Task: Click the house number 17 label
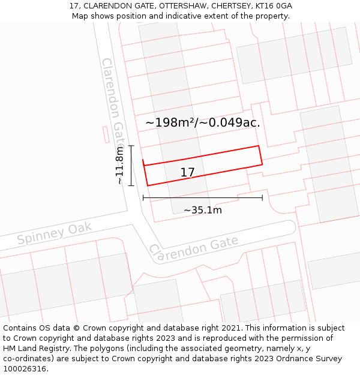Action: click(x=187, y=173)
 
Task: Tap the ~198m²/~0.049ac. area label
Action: click(x=202, y=122)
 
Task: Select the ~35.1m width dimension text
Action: click(x=202, y=210)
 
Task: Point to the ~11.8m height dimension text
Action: click(x=119, y=165)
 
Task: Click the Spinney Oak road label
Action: click(x=55, y=233)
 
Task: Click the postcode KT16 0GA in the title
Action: click(x=272, y=6)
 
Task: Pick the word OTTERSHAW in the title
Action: click(x=178, y=6)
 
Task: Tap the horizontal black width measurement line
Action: click(x=202, y=197)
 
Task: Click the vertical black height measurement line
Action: click(x=131, y=165)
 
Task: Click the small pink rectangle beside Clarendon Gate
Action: click(x=106, y=134)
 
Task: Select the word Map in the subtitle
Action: click(x=80, y=16)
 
